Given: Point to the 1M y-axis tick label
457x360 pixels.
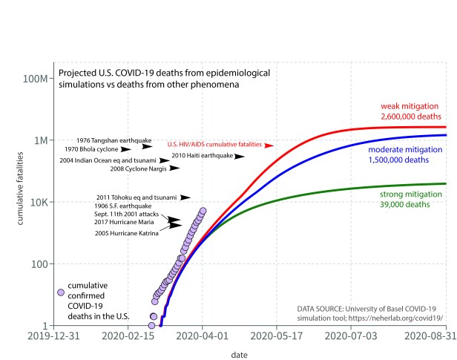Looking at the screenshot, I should coord(40,140).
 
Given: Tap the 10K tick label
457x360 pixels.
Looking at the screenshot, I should coord(39,202).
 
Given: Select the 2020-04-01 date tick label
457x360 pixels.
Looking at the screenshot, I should coord(203,336).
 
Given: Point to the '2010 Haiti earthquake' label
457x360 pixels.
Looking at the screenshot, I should coord(203,156).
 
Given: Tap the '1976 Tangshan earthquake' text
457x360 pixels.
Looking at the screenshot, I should coord(114,140).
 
